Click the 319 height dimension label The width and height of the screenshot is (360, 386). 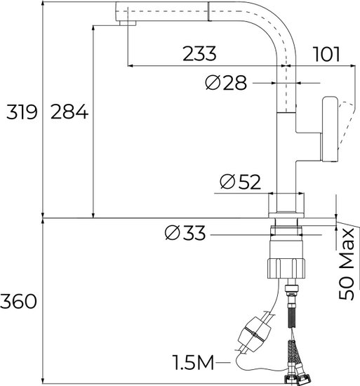coord(22,112)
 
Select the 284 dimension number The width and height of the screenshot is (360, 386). coord(69,112)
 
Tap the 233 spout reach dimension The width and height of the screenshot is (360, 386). coord(199,53)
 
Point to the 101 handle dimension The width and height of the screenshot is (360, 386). coord(327,54)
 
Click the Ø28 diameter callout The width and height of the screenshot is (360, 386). coord(226,83)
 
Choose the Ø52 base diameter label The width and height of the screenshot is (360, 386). coord(240,182)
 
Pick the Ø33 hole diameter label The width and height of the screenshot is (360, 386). coord(185,233)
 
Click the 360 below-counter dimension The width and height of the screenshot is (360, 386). coord(18,302)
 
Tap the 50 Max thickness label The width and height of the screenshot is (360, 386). coord(347,264)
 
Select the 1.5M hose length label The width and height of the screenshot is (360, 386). coord(193,362)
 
